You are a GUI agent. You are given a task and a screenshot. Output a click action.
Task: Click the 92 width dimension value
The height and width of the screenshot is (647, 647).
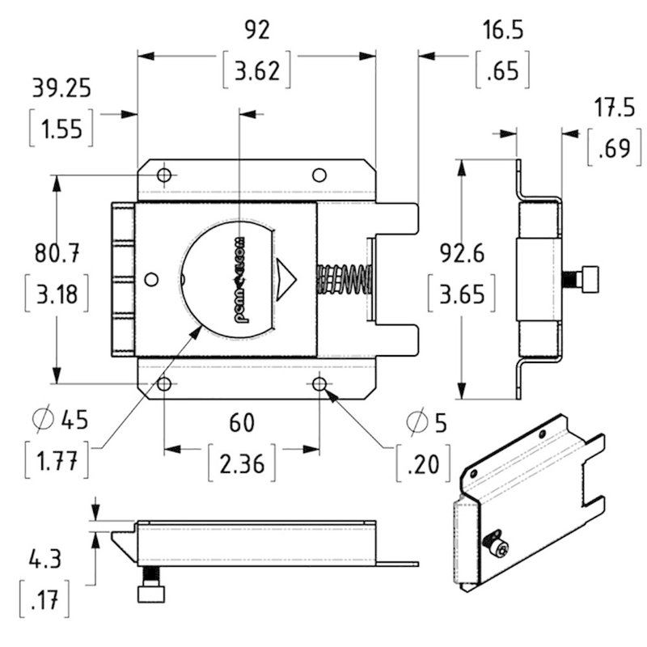click(256, 30)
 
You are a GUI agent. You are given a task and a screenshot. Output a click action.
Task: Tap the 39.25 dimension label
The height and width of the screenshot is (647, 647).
click(60, 87)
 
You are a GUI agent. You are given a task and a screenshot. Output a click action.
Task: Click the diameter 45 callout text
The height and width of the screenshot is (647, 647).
click(61, 420)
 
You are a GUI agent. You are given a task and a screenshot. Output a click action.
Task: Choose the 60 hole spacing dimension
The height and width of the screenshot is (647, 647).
click(241, 422)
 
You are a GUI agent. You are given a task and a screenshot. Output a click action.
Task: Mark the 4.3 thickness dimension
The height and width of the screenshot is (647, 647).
click(45, 559)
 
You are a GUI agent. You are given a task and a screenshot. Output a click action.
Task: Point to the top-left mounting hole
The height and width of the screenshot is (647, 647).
click(164, 175)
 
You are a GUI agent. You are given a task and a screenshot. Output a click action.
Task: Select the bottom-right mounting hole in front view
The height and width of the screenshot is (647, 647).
click(319, 383)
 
